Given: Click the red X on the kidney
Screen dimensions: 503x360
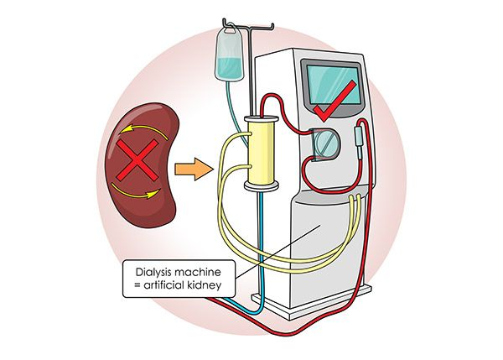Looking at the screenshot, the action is [137, 160].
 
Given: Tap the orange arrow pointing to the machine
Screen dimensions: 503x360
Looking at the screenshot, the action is [194, 170].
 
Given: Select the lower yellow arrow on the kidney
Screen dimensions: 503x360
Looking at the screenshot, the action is [135, 191].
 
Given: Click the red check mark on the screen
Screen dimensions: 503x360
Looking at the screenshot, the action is [334, 102].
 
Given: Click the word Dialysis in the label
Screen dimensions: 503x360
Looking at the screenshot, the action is [155, 273].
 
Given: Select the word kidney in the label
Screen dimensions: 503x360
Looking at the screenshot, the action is [205, 285].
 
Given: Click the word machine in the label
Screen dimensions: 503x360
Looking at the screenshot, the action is [200, 273].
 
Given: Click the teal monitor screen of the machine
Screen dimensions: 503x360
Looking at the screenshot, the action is [334, 85].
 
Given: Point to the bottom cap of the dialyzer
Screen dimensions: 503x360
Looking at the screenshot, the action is [261, 186].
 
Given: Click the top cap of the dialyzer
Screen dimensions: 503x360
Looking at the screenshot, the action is [261, 118].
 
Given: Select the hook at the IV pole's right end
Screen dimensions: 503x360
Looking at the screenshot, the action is [272, 27].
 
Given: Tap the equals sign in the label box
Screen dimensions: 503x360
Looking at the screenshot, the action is [137, 285].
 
